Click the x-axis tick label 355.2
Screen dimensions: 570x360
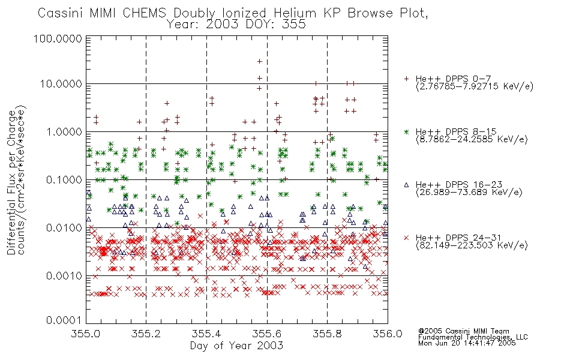coord(146,334)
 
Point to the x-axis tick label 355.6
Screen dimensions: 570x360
coord(267,334)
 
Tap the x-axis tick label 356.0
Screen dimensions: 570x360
coord(388,334)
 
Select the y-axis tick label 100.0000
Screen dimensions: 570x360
coord(58,38)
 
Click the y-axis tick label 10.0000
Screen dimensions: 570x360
coord(61,84)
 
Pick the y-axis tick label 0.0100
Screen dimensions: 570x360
coord(64,228)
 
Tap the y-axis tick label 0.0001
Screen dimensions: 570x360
coord(64,320)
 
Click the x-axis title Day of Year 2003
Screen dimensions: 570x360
coord(236,346)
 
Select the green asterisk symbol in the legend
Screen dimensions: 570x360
coord(406,131)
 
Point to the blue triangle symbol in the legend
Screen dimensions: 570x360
coord(406,185)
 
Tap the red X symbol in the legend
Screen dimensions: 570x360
coord(406,238)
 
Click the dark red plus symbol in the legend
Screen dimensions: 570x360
coord(406,79)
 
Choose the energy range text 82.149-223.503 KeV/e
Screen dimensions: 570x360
coord(472,245)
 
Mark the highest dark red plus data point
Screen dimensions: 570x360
coord(260,61)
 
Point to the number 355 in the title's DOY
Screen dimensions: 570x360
coord(295,25)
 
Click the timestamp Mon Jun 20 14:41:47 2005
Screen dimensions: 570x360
coord(467,343)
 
